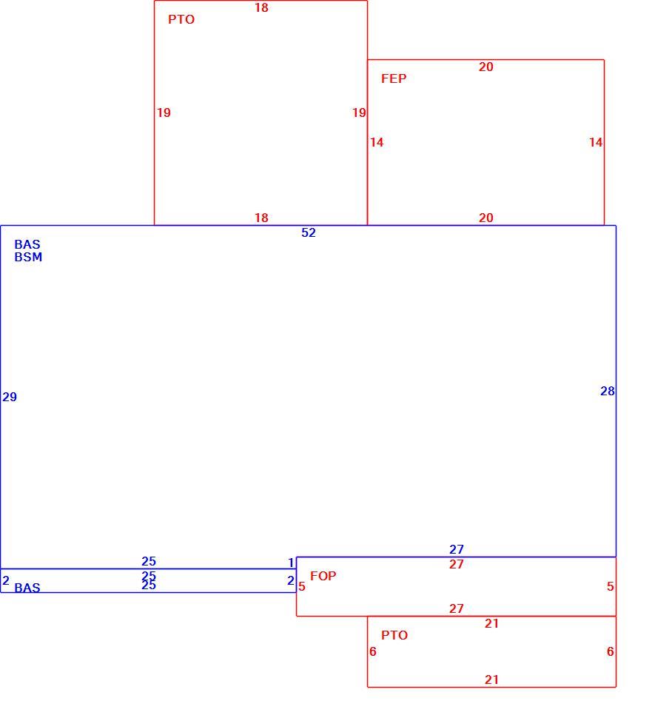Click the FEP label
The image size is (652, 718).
(394, 78)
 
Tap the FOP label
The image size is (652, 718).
(323, 576)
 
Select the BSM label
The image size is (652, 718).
(28, 257)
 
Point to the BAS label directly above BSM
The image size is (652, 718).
(27, 244)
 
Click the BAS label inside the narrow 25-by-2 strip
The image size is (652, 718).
(27, 588)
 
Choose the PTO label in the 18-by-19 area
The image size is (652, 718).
(181, 19)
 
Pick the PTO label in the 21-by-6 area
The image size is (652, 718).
(394, 635)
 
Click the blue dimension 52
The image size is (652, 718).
(309, 232)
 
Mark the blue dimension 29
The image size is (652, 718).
(10, 397)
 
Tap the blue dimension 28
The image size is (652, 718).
(608, 391)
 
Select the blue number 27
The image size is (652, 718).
(457, 549)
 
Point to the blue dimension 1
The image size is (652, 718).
(291, 563)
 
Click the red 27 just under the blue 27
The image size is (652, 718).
(457, 564)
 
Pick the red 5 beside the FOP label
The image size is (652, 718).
(302, 586)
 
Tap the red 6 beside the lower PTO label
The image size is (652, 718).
(373, 651)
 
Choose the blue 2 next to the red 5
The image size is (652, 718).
(291, 580)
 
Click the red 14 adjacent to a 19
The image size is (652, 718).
(377, 142)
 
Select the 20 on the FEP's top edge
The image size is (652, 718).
(486, 67)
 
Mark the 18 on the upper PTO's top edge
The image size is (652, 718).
(261, 8)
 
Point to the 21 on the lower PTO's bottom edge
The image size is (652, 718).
(491, 680)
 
